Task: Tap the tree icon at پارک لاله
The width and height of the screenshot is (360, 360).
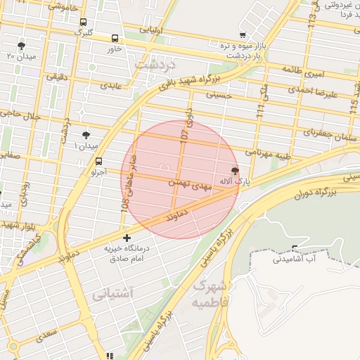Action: click(235, 170)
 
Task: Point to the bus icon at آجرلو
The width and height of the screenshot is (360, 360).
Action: click(98, 161)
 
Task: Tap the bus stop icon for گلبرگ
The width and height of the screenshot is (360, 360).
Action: click(84, 22)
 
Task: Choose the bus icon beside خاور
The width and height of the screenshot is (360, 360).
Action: click(115, 39)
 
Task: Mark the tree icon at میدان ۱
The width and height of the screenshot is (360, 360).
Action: click(86, 134)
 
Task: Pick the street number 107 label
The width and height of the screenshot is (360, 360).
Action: click(185, 132)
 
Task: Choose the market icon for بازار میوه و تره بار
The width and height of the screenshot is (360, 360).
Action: click(243, 34)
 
